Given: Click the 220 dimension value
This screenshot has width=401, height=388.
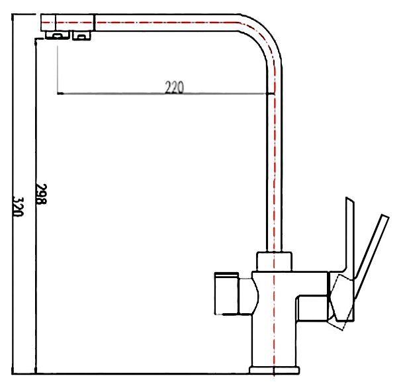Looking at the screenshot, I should click(x=173, y=87).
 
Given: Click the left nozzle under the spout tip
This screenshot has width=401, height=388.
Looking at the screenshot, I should click(x=57, y=36).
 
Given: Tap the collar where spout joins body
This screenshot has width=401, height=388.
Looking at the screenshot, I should click(x=274, y=261).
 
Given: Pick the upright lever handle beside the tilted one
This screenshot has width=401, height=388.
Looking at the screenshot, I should click(x=349, y=232).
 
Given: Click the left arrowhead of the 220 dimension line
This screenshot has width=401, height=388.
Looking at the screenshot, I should click(x=60, y=94).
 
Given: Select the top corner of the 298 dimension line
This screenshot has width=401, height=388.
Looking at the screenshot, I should click(x=36, y=38).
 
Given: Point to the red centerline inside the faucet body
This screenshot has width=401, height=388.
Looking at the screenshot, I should click(x=274, y=318).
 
